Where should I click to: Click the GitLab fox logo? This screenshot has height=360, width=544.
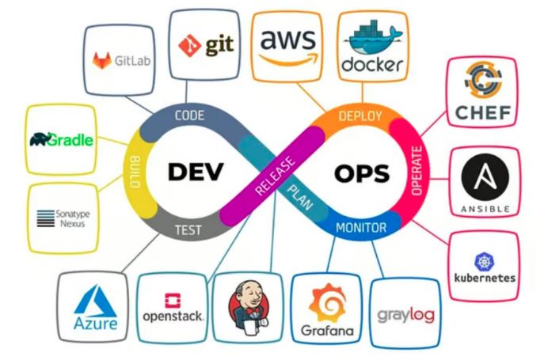pos(101,60)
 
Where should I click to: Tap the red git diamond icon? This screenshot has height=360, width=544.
pos(189,45)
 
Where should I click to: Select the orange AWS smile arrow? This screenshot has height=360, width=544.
pos(289,59)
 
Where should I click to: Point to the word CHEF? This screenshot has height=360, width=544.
pos(483,112)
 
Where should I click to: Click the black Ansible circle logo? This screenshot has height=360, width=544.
pos(485,177)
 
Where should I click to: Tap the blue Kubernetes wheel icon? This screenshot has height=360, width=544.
pos(484,262)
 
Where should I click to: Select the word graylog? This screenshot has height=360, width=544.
pos(405,315)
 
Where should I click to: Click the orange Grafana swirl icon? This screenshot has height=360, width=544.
pos(328,303)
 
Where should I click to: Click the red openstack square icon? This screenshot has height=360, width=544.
pos(173,301)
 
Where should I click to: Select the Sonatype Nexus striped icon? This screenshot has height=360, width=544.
pos(46,218)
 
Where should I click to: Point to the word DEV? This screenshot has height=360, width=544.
pos(196,172)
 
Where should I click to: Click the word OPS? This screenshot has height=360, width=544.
pos(362,173)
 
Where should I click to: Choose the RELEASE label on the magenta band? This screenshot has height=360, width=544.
pos(275,176)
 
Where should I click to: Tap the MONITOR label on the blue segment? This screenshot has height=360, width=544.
pos(361,228)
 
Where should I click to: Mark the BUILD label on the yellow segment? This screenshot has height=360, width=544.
pos(135,172)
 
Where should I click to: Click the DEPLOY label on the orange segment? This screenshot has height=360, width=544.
pos(360,116)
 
